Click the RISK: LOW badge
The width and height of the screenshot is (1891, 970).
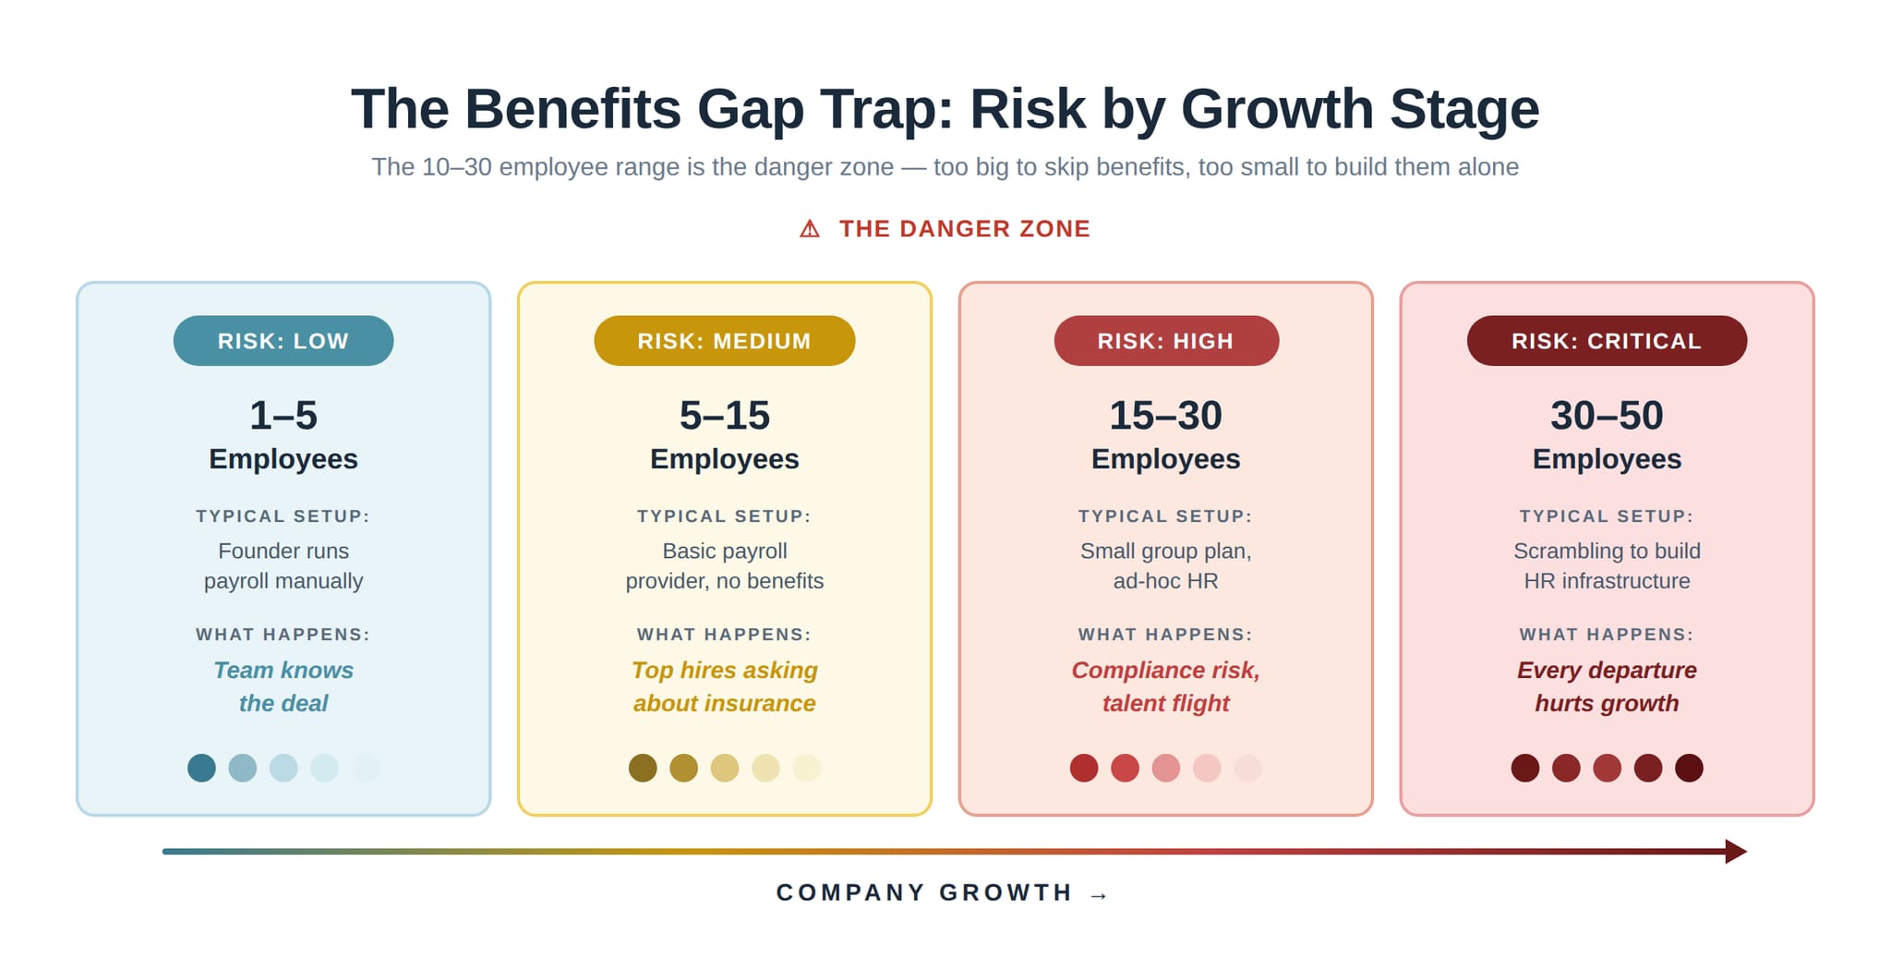[x=283, y=341]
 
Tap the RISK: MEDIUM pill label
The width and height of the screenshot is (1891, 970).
[x=724, y=341]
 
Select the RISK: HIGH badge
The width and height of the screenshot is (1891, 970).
[x=1165, y=341]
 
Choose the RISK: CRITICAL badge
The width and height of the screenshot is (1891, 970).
[x=1607, y=341]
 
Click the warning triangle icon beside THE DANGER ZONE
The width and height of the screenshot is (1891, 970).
[x=810, y=229]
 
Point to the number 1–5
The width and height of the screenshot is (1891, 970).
[x=283, y=416]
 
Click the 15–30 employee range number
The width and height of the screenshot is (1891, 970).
[x=1165, y=416]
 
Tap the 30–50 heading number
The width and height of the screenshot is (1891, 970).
[x=1607, y=416]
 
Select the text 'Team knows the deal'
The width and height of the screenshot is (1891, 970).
[x=283, y=686]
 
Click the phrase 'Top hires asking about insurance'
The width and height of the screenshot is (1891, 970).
[x=724, y=686]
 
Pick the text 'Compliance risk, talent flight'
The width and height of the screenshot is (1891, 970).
[x=1165, y=686]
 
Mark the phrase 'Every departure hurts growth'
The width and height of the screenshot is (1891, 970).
[x=1607, y=686]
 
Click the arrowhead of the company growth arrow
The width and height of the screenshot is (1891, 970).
[x=1735, y=852]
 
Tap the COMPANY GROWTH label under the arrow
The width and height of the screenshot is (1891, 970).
[x=924, y=892]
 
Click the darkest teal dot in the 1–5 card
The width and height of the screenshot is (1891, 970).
[x=201, y=768]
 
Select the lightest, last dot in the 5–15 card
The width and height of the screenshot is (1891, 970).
[x=806, y=768]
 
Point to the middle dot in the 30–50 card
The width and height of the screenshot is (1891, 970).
[x=1607, y=768]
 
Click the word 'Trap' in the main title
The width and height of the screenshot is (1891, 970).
[x=900, y=109]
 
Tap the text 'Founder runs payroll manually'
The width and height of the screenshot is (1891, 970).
[x=283, y=565]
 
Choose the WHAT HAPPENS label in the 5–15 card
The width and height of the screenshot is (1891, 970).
[x=724, y=635]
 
